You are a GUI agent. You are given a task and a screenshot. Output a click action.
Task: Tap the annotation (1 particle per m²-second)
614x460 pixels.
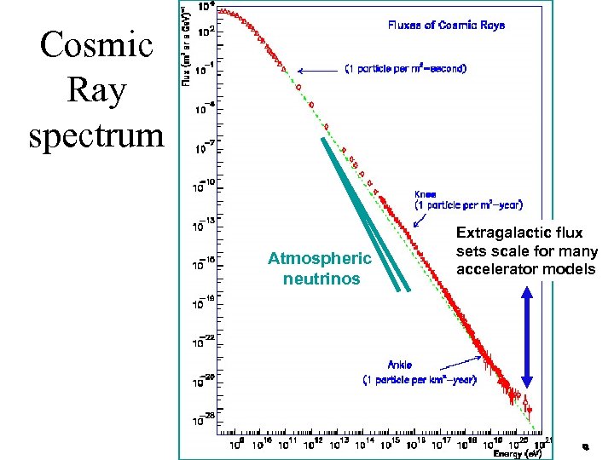click(405, 69)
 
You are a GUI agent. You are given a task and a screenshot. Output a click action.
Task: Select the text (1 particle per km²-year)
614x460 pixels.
click(420, 380)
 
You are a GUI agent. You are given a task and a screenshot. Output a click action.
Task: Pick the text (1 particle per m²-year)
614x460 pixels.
click(468, 205)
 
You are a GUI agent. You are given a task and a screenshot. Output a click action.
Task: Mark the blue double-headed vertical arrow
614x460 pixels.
click(527, 338)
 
